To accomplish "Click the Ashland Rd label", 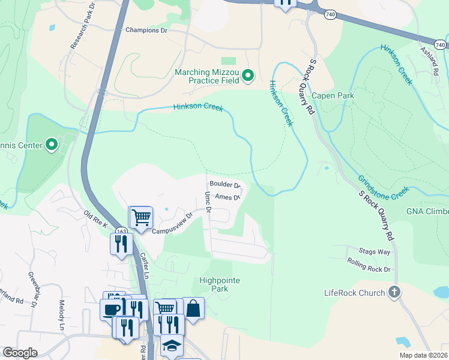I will click(x=428, y=60).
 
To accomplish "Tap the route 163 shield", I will click(x=122, y=232).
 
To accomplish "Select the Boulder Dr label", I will click(x=225, y=185).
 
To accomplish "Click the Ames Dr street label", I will click(x=228, y=196).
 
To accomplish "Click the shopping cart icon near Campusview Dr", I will click(x=141, y=217).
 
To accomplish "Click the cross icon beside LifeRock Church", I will click(x=394, y=293).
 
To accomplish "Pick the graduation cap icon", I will click(x=171, y=346).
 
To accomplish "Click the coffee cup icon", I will click(x=111, y=310).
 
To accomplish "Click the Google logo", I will click(x=20, y=353).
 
